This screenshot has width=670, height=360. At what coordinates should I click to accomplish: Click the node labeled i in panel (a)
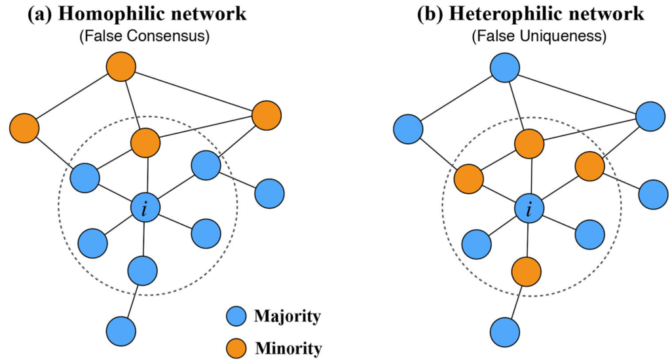[145, 208]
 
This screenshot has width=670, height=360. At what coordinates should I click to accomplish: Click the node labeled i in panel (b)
[529, 208]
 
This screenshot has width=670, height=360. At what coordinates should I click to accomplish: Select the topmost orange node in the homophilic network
[121, 67]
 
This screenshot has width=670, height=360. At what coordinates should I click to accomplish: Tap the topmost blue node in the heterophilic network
[505, 67]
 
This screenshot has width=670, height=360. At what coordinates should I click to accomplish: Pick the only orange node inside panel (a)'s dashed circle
[145, 143]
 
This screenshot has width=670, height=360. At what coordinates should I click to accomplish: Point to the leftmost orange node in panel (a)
[24, 127]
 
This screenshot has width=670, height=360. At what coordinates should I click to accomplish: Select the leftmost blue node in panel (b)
[408, 127]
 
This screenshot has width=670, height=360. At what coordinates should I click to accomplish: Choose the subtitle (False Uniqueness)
[538, 37]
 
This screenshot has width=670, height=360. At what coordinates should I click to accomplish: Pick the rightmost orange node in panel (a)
[266, 115]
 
